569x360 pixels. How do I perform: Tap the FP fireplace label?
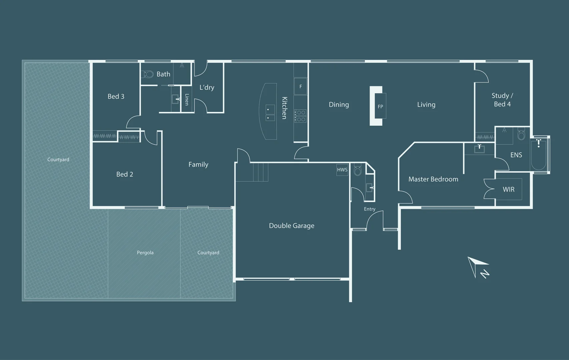(380, 107)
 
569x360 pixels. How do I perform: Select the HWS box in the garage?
(342, 170)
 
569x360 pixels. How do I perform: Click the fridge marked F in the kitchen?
(301, 86)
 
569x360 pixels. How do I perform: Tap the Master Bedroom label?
(433, 179)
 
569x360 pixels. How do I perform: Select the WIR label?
(509, 189)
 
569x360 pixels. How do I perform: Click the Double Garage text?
(292, 226)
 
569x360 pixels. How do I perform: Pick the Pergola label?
(145, 253)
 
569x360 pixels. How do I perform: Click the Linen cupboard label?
(187, 100)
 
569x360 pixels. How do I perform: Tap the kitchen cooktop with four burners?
(301, 116)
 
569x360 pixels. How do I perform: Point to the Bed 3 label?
(116, 96)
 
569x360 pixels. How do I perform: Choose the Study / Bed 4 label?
(502, 100)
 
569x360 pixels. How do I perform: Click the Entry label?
(370, 209)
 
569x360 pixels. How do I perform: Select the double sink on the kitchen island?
(270, 113)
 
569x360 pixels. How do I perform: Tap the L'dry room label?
(207, 87)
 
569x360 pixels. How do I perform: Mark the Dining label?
(339, 105)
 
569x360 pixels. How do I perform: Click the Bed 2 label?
(124, 174)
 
